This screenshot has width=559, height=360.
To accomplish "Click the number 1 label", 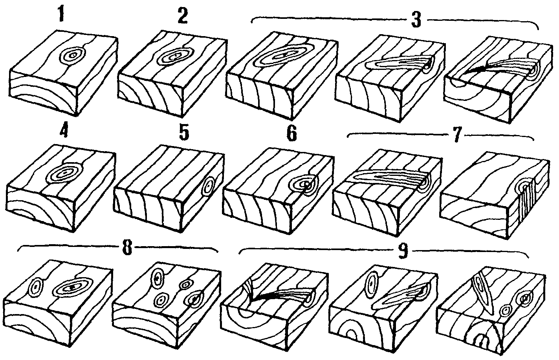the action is coord(61,14).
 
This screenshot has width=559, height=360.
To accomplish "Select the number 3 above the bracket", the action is coord(416,20).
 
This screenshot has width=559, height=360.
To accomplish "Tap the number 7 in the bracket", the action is coord(456,135).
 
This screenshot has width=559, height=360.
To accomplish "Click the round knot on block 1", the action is coord(73,56).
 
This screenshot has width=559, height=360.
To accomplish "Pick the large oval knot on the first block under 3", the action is coord(284,55).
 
